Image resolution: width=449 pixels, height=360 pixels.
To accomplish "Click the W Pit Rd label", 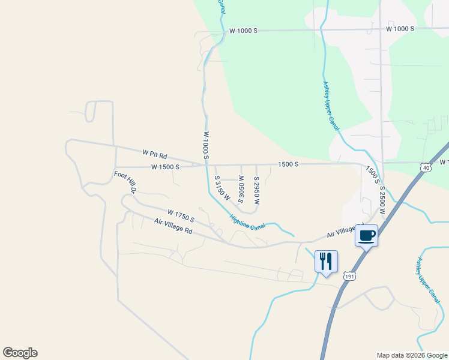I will point(154,154).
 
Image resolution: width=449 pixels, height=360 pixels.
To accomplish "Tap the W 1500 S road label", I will point(165,167).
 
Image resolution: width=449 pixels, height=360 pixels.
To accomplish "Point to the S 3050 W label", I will point(241,189).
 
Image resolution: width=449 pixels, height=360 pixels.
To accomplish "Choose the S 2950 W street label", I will point(256,191).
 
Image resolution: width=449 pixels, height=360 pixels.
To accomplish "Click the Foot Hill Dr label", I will point(126,182).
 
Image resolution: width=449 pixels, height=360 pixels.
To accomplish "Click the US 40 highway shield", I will point(426,168).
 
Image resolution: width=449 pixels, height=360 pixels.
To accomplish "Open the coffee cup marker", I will point(366,235).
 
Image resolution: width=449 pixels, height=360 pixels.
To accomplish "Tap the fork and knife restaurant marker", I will point(326,262).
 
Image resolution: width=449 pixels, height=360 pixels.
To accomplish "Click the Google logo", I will point(20,353).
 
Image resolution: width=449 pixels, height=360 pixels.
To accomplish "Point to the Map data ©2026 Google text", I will point(412,355).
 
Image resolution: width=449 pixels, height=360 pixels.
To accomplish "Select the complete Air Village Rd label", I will point(173,226).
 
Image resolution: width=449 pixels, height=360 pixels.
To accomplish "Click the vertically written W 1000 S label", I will point(205,146).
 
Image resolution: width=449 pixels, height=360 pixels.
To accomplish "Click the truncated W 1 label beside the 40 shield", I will point(444,163).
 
